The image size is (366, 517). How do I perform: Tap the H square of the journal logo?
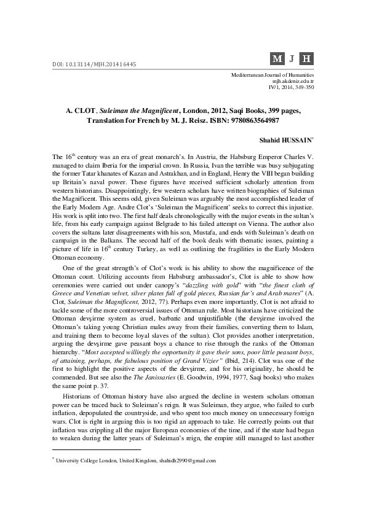tap(308, 59)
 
